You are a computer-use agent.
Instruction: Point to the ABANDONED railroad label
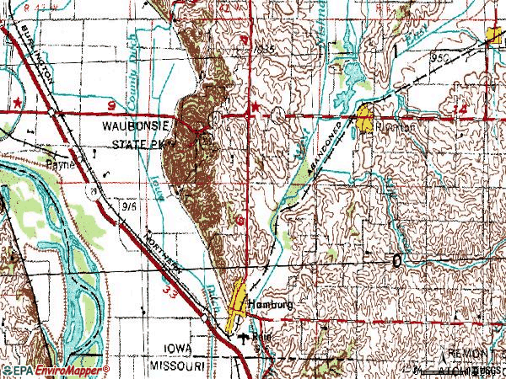[325, 156]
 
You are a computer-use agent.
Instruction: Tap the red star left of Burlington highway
[16, 101]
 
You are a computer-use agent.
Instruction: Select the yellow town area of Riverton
[365, 118]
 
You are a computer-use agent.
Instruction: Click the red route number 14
[459, 110]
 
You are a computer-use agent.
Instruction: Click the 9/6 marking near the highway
[130, 204]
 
